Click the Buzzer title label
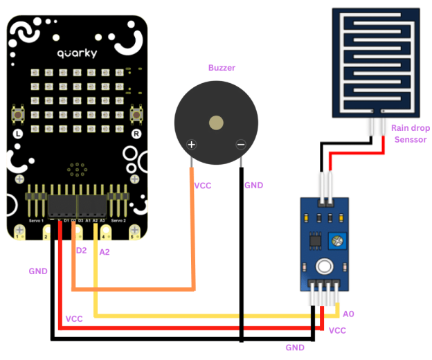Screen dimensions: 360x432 click(x=222, y=68)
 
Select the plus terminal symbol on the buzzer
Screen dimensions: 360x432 click(x=192, y=145)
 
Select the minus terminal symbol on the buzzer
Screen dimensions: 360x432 click(x=240, y=145)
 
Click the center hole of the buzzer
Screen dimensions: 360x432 click(x=217, y=123)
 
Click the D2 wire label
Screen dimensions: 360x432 click(x=82, y=250)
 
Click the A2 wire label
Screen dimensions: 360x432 click(x=105, y=252)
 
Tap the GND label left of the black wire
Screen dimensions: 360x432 click(x=38, y=271)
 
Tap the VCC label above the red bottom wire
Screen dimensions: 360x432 click(x=74, y=318)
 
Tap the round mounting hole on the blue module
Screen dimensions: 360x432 click(x=323, y=267)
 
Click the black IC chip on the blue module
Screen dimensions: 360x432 click(x=314, y=240)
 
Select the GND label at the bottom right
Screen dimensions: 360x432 click(x=295, y=347)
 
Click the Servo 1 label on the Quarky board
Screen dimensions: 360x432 click(x=37, y=220)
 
